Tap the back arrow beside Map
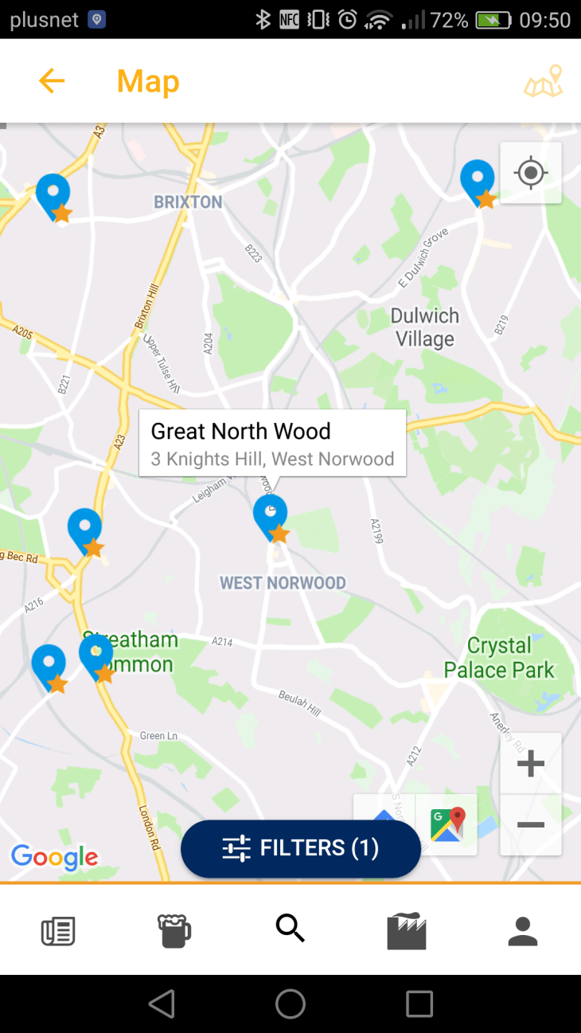(52, 80)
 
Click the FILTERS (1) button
(300, 848)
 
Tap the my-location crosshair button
(530, 173)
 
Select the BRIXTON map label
(188, 202)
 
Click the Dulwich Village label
(425, 327)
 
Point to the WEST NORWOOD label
(283, 583)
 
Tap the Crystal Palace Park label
(499, 658)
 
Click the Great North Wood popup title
(240, 431)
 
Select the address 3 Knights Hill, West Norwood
(272, 459)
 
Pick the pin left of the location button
(478, 181)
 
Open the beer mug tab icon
(174, 930)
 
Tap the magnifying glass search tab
(290, 929)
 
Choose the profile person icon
(523, 930)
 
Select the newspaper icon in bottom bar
(58, 930)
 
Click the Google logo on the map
(54, 857)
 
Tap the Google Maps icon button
(447, 824)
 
